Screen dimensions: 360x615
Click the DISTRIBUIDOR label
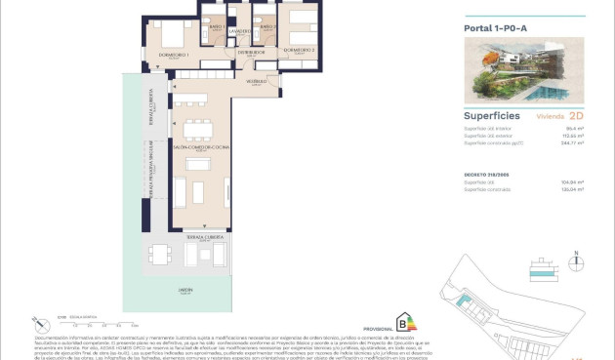(252, 52)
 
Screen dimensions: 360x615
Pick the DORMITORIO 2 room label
(299, 49)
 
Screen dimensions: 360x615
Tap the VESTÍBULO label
(257, 82)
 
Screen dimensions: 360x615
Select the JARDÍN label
(184, 290)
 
